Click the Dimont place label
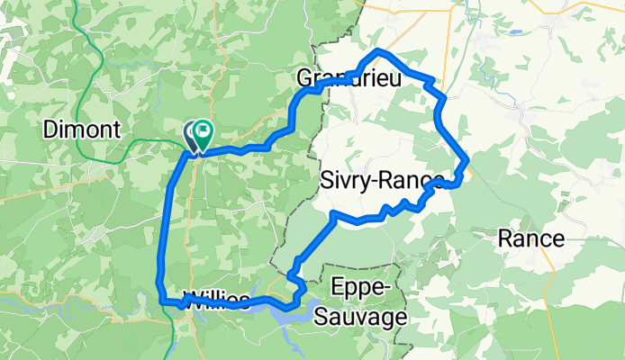[81, 130]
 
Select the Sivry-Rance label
[380, 182]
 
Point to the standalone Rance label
[532, 238]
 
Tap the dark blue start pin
[192, 136]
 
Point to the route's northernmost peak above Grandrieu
[379, 50]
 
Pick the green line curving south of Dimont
[117, 153]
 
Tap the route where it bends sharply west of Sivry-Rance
[334, 214]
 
